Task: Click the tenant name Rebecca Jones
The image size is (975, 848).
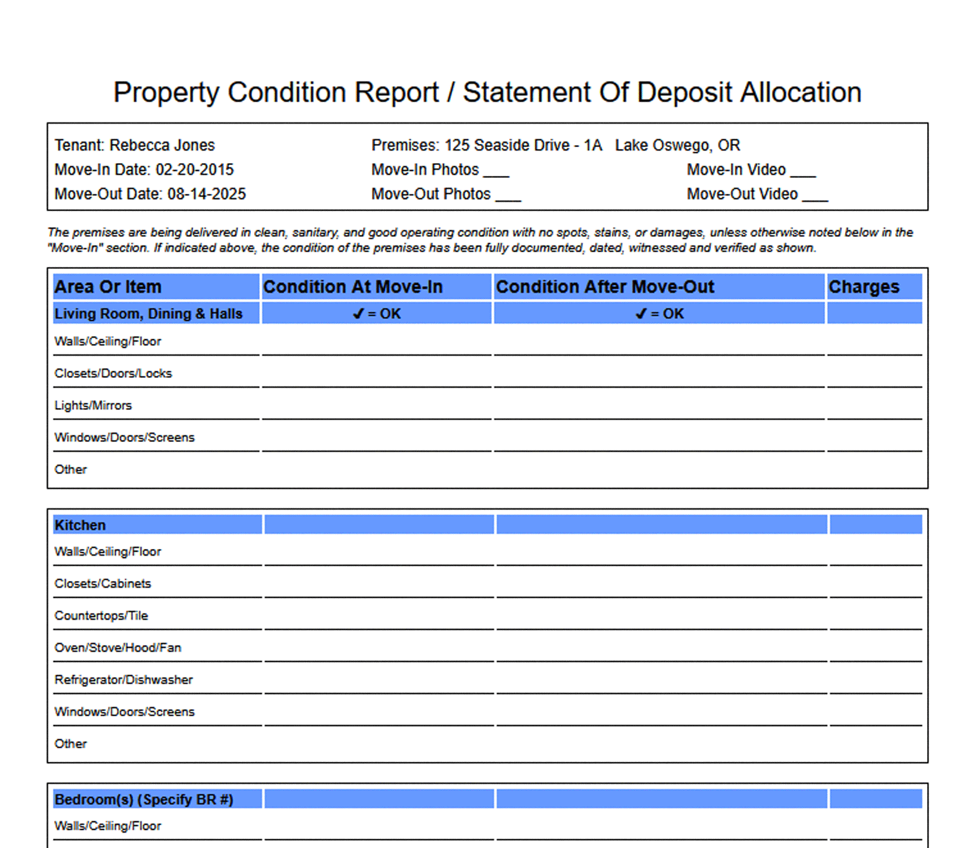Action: click(x=162, y=145)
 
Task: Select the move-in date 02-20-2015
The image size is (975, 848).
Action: click(x=194, y=170)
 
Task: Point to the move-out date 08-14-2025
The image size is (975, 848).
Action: click(x=206, y=194)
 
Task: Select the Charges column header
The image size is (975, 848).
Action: click(x=864, y=287)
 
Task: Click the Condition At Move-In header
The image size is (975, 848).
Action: click(x=352, y=287)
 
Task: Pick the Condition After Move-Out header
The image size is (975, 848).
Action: click(x=605, y=287)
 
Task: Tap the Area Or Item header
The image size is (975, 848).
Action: click(x=108, y=287)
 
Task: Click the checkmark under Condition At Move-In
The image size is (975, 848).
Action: click(x=358, y=314)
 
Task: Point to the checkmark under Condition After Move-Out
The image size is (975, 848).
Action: click(x=641, y=314)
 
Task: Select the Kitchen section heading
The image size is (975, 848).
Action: click(x=80, y=525)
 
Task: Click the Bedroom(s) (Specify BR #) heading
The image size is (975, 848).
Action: click(x=143, y=799)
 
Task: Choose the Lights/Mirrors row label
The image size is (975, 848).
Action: click(x=93, y=406)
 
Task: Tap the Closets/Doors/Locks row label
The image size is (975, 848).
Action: click(x=113, y=374)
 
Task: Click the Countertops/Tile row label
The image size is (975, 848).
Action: click(x=101, y=616)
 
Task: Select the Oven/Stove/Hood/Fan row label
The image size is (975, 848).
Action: click(x=117, y=648)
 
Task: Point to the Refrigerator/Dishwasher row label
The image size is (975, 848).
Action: click(x=123, y=680)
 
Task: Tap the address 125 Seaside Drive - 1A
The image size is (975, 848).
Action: click(x=523, y=145)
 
